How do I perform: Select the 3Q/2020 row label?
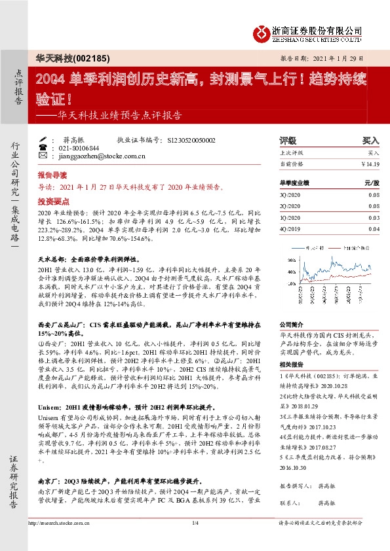pos(289,195)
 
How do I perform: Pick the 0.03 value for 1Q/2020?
pos(374,217)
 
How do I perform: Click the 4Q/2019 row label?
pos(289,228)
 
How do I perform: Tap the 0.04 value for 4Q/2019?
pos(374,228)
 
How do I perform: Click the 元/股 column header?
pos(371,184)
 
